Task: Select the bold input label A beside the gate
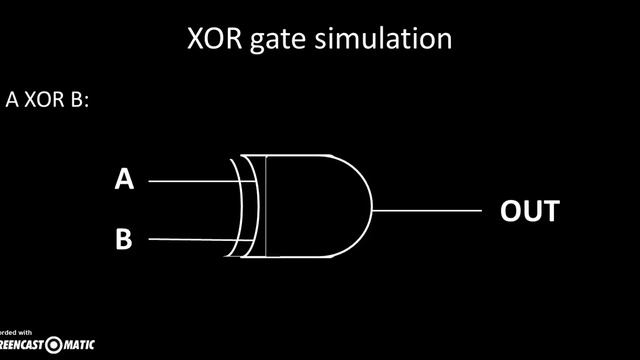tap(124, 180)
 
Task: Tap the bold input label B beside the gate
tap(124, 240)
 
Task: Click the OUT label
tap(529, 212)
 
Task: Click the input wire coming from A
tap(190, 182)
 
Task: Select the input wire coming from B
tap(190, 240)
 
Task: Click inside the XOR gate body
tap(305, 210)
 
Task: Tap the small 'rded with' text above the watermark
tap(16, 332)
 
